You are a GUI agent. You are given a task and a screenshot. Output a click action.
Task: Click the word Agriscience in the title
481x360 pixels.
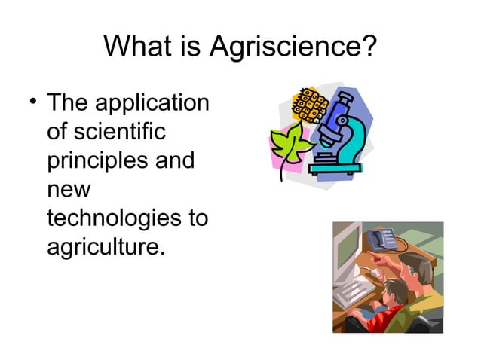point(293,48)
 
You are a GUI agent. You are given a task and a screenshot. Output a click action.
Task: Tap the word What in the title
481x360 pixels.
point(136,47)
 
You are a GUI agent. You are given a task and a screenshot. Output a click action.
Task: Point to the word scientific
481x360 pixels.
point(104,132)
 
